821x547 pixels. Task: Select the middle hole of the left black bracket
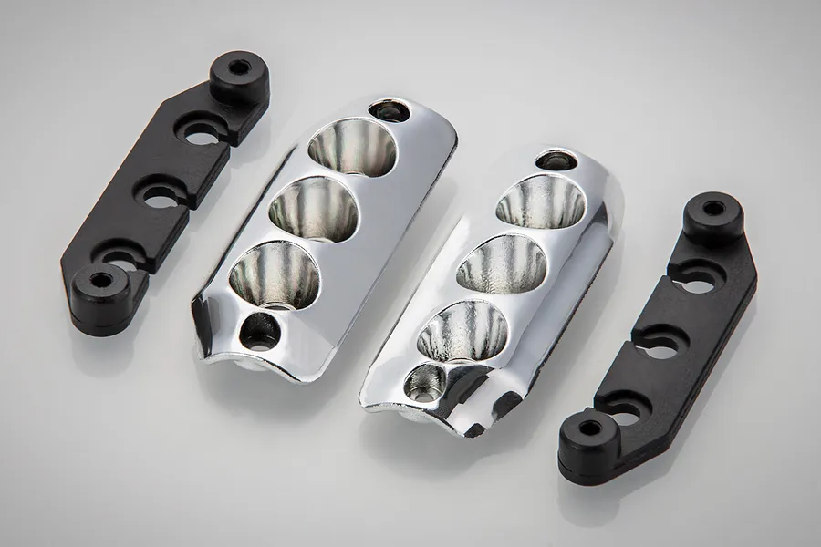pos(163,194)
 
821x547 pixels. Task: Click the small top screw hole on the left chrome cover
pos(390,111)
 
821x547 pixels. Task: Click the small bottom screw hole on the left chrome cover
pos(262,331)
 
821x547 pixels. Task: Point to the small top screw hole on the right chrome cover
pos(550,161)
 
